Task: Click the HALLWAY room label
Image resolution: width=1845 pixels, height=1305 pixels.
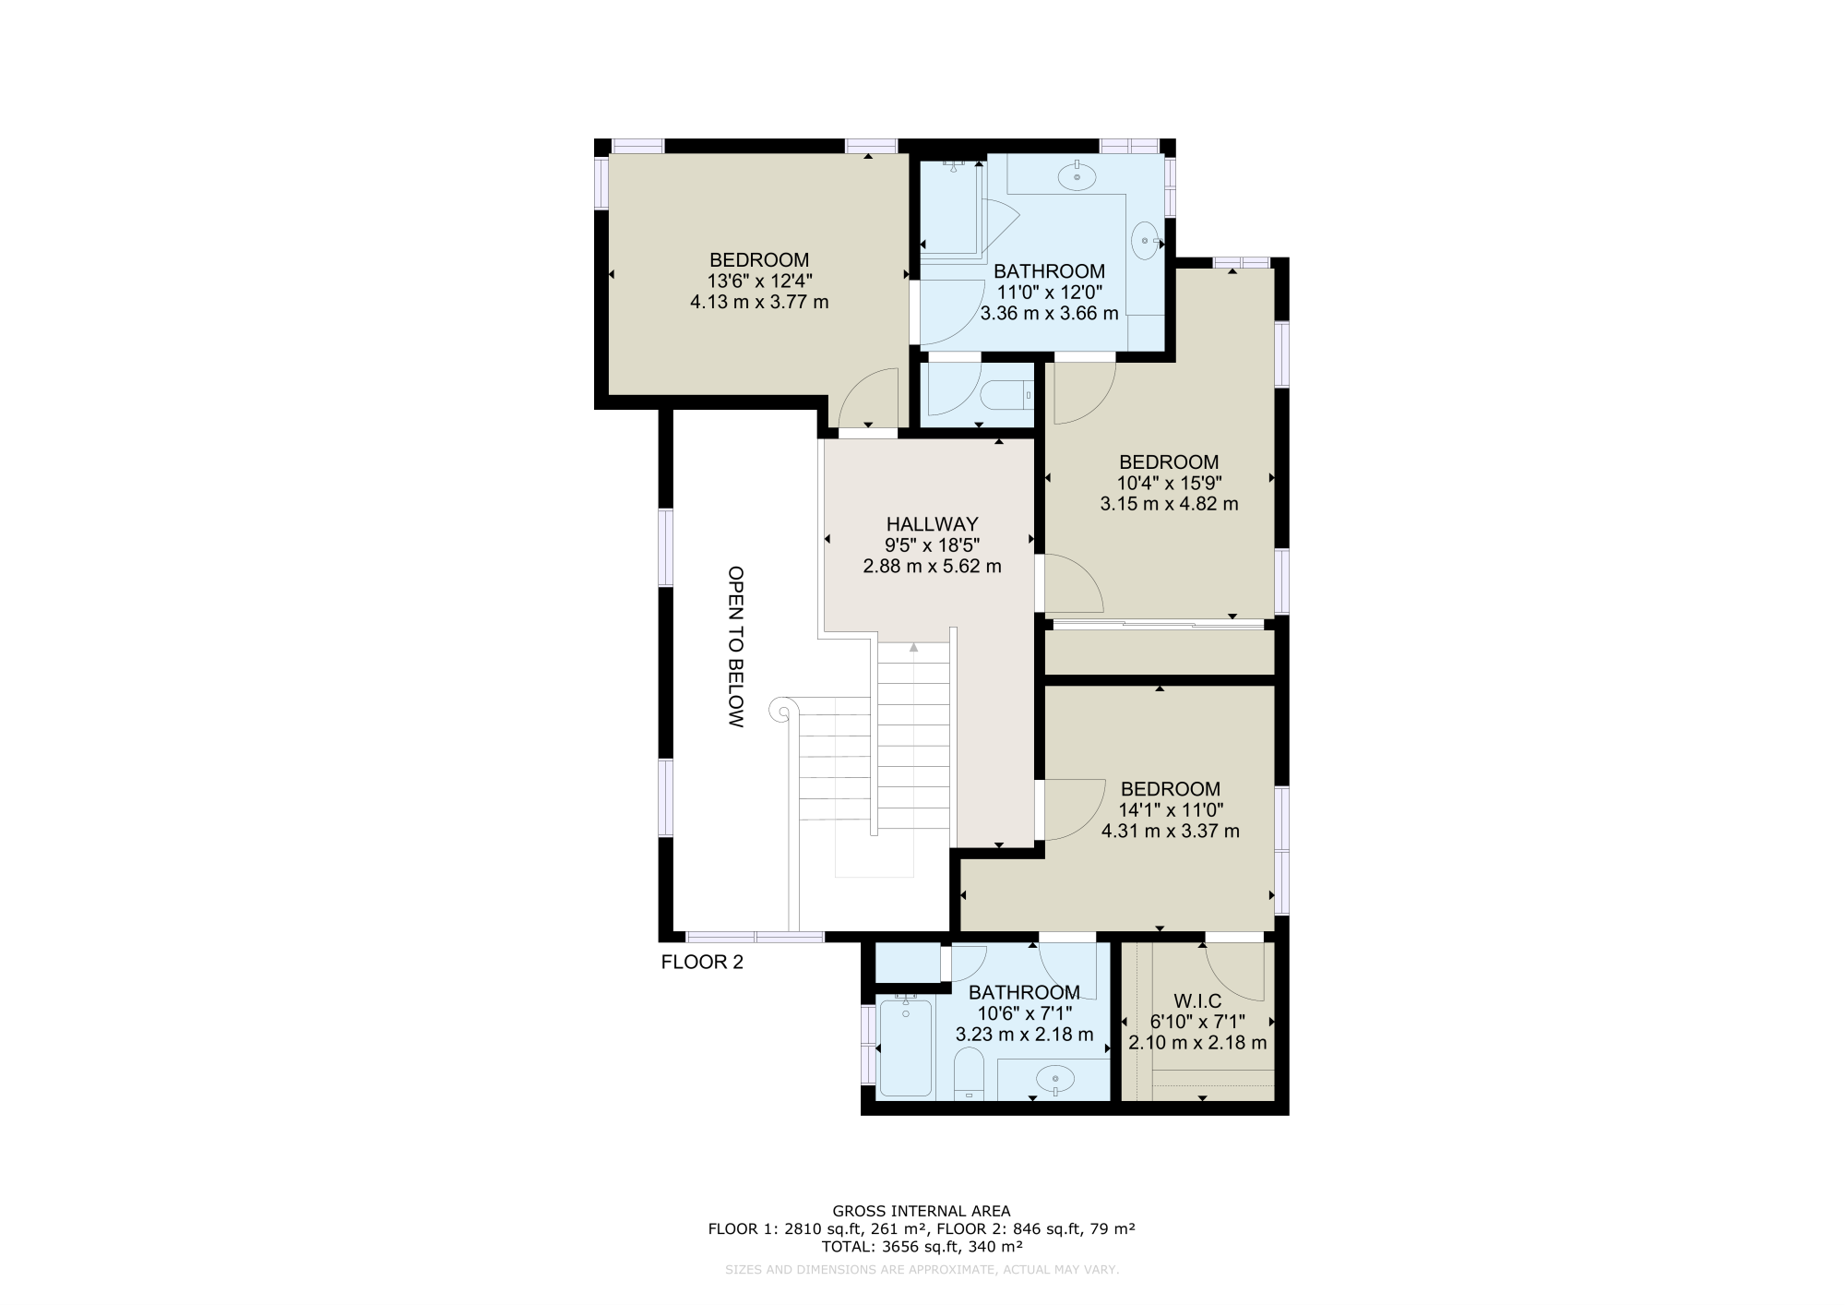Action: point(932,524)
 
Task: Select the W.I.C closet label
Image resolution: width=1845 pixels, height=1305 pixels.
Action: point(1197,1001)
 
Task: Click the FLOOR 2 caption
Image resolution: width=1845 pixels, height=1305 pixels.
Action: point(702,963)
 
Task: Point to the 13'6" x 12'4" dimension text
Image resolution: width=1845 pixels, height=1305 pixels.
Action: point(759,281)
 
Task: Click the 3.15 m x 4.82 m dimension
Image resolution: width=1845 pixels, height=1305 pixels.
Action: point(1169,504)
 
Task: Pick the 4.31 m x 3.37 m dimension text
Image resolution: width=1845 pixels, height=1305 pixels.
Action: point(1170,831)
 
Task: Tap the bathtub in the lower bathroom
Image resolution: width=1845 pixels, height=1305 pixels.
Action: point(905,1048)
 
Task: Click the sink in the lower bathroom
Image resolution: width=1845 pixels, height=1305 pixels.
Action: point(1055,1077)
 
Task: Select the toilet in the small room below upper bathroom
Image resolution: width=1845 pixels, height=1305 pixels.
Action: point(1006,396)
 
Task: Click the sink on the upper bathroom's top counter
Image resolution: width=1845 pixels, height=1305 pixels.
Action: point(1077,175)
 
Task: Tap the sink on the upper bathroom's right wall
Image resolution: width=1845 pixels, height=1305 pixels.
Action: point(1147,242)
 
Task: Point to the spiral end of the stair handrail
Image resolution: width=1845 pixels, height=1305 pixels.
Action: point(780,711)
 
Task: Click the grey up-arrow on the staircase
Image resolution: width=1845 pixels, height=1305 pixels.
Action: point(913,648)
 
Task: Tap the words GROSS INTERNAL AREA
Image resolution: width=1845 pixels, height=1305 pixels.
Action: point(921,1211)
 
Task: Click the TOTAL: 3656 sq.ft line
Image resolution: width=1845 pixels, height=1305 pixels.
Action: point(921,1246)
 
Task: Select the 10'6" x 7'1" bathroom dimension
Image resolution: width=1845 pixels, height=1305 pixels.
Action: point(1024,1013)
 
